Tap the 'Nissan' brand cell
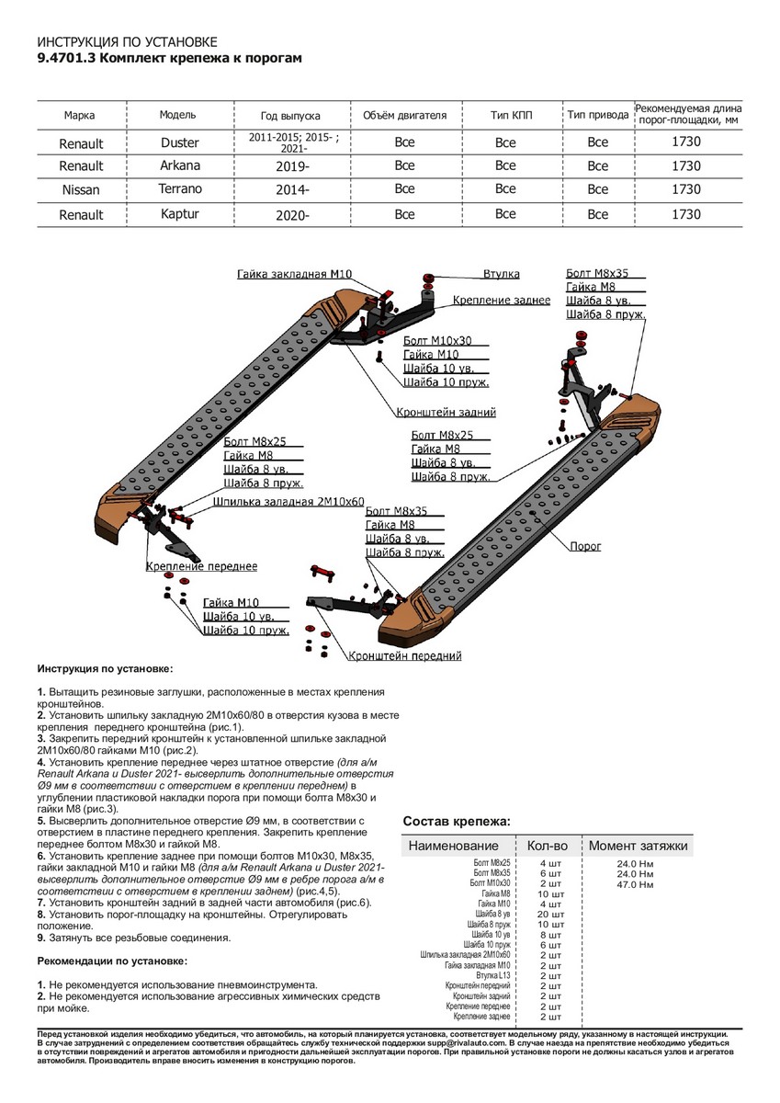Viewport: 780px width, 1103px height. (81, 190)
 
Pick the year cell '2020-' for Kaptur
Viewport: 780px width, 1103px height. (291, 215)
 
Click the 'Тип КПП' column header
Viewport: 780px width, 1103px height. (511, 116)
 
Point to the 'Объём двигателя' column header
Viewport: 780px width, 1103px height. (404, 116)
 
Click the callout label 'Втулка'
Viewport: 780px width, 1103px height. (502, 274)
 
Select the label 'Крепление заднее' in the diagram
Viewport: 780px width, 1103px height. (501, 300)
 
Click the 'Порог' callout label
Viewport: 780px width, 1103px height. (585, 545)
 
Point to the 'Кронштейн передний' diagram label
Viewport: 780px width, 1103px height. (405, 656)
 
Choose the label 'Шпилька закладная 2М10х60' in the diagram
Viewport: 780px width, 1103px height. (288, 502)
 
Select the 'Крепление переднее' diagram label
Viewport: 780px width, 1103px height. (201, 566)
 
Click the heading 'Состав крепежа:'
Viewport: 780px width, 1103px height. (458, 821)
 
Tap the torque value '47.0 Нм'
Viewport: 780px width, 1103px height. (636, 883)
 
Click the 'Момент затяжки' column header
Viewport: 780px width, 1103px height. (638, 846)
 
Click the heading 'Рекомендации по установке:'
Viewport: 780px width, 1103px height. (112, 961)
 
